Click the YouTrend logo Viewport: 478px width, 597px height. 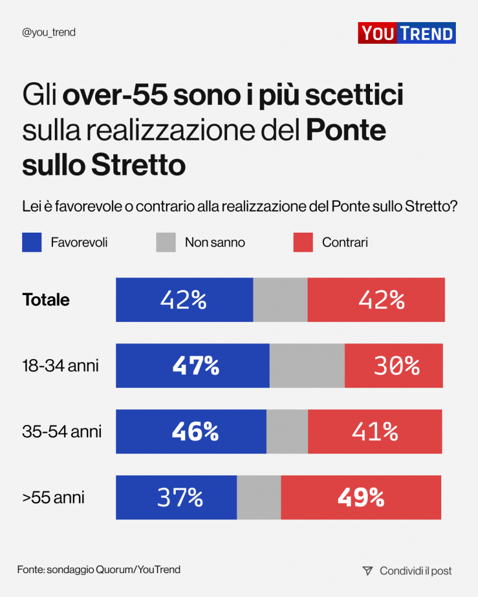[406, 33]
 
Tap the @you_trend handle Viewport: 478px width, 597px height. [48, 33]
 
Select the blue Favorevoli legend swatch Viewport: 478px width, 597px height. [32, 243]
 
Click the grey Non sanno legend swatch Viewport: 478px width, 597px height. [166, 243]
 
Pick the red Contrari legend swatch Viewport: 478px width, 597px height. [303, 243]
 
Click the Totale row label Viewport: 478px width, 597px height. [46, 300]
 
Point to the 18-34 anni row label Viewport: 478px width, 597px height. [60, 366]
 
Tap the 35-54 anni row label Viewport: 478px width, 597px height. [62, 432]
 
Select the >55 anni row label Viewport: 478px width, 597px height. [53, 498]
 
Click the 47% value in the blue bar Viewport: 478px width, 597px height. [196, 366]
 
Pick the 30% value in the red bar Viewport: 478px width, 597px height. [396, 366]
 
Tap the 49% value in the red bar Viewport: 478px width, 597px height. [361, 498]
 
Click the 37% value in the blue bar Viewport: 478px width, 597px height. [180, 498]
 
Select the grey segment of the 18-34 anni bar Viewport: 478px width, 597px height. [307, 366]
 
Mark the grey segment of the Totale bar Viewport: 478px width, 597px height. [280, 300]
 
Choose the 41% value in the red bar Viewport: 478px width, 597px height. [375, 432]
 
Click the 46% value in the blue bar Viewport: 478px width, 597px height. [195, 432]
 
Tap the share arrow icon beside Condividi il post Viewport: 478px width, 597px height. [367, 571]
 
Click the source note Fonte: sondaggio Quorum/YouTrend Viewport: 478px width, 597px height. [99, 570]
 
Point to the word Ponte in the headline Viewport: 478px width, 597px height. [346, 131]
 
